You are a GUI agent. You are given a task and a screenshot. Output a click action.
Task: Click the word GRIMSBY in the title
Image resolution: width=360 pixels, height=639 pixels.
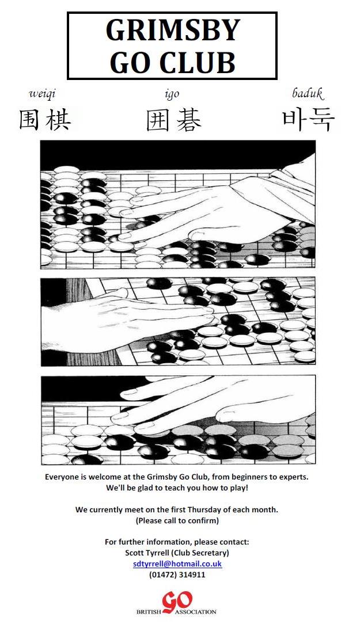pyautogui.click(x=172, y=29)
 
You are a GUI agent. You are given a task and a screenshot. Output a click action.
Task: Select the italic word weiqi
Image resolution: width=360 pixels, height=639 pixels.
pyautogui.click(x=41, y=94)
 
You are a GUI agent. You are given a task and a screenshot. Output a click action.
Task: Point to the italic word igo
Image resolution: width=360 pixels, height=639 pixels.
pyautogui.click(x=172, y=94)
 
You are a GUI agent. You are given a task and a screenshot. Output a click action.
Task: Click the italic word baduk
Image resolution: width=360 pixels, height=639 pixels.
pyautogui.click(x=308, y=94)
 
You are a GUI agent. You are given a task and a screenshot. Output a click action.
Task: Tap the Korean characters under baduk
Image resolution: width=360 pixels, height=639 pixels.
pyautogui.click(x=308, y=120)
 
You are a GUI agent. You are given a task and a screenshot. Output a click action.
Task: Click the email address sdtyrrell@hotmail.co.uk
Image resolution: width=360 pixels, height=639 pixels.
pyautogui.click(x=177, y=564)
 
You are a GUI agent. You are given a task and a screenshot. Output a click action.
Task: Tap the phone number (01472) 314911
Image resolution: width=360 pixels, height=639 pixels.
pyautogui.click(x=177, y=575)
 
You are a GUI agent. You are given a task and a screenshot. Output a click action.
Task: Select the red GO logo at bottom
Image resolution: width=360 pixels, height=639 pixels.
pyautogui.click(x=177, y=602)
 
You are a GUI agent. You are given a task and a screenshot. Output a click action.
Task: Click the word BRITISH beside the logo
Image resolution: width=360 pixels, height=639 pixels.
pyautogui.click(x=149, y=612)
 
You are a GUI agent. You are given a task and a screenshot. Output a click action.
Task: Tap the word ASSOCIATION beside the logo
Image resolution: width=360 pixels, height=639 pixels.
pyautogui.click(x=195, y=612)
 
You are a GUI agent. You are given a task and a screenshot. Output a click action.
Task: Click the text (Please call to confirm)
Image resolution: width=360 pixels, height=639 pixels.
pyautogui.click(x=177, y=520)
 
